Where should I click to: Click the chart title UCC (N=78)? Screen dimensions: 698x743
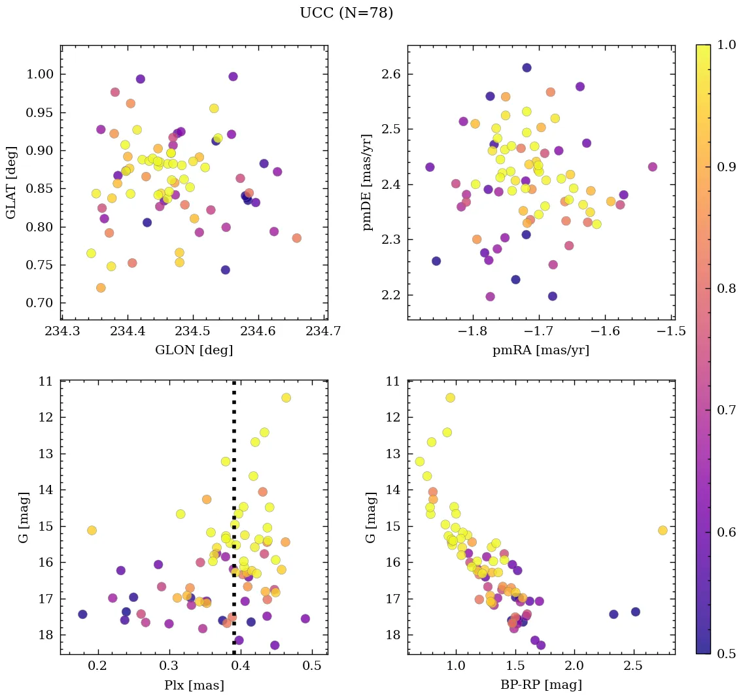pyautogui.click(x=346, y=13)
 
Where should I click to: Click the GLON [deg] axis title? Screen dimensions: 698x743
pyautogui.click(x=194, y=350)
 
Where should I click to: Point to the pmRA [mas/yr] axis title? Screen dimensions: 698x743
pyautogui.click(x=540, y=350)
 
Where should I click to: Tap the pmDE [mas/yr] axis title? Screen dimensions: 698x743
pyautogui.click(x=368, y=182)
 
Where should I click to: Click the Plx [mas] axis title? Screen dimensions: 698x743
pyautogui.click(x=194, y=685)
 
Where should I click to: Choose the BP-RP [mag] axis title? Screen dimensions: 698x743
pyautogui.click(x=540, y=685)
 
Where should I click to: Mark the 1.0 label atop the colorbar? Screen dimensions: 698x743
pyautogui.click(x=726, y=45)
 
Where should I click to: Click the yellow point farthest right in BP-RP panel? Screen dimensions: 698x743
pyautogui.click(x=663, y=530)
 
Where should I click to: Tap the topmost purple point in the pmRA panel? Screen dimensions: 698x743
pyautogui.click(x=527, y=68)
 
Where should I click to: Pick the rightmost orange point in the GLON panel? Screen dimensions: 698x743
pyautogui.click(x=297, y=238)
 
